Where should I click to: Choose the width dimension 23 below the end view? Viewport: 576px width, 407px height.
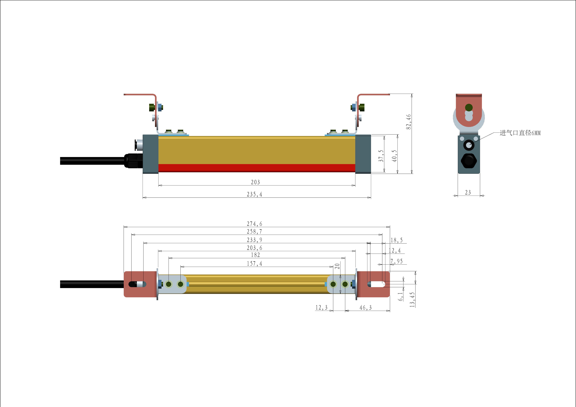click(x=468, y=192)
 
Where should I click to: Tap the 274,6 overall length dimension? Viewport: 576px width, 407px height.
click(x=254, y=224)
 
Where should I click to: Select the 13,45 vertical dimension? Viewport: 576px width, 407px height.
click(x=412, y=299)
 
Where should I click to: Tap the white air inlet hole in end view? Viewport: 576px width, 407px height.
click(x=469, y=145)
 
